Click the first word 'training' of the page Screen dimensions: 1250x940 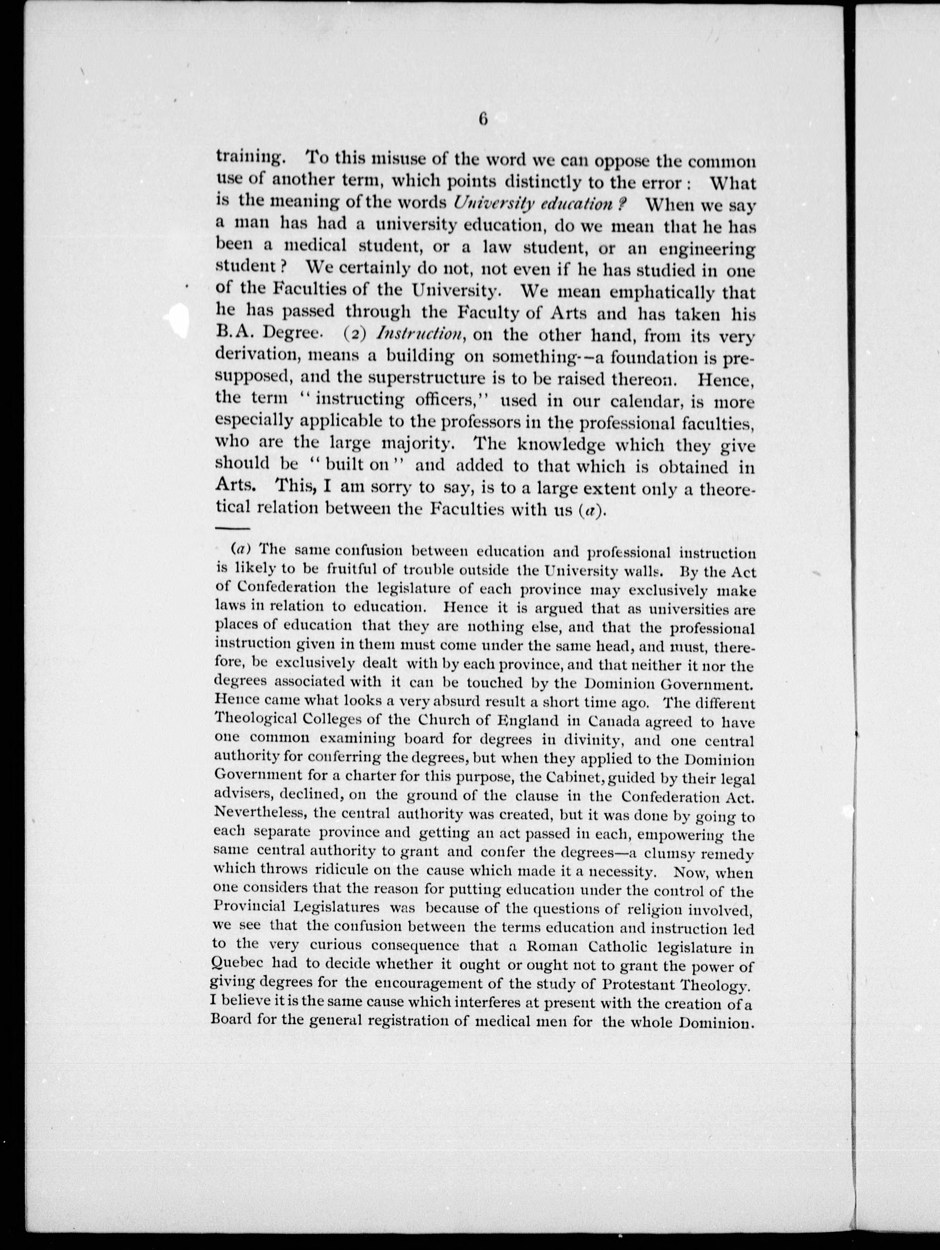(x=248, y=159)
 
